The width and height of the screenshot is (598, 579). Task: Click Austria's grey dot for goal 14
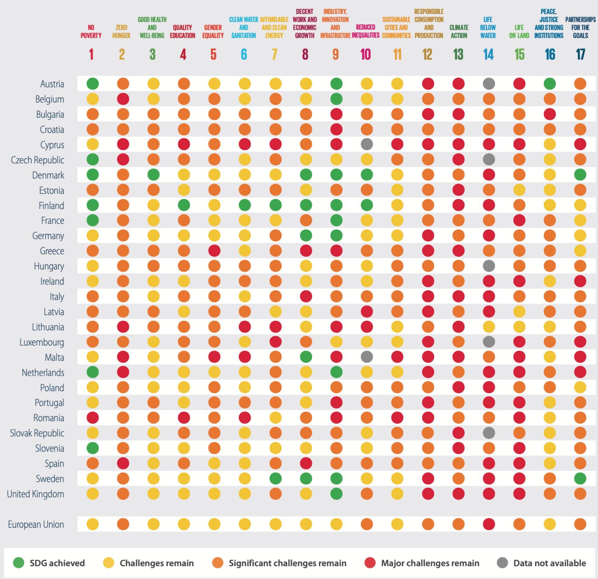pyautogui.click(x=489, y=84)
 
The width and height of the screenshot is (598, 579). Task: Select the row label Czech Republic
pyautogui.click(x=38, y=160)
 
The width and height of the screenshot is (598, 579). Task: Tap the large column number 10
pyautogui.click(x=366, y=55)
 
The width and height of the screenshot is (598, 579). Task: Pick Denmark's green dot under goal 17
pyautogui.click(x=580, y=175)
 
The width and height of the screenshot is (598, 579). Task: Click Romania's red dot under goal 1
pyautogui.click(x=92, y=418)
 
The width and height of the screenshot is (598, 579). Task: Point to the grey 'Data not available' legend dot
pyautogui.click(x=503, y=563)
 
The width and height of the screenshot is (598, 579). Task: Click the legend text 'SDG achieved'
pyautogui.click(x=57, y=563)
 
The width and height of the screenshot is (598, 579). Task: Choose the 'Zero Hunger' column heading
pyautogui.click(x=121, y=31)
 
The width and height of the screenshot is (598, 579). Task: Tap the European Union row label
pyautogui.click(x=36, y=524)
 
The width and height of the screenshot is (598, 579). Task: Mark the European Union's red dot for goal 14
pyautogui.click(x=489, y=524)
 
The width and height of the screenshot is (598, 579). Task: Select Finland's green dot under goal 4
pyautogui.click(x=184, y=205)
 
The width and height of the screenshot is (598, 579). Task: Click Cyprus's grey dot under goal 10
pyautogui.click(x=367, y=144)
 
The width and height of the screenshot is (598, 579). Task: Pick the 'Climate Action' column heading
pyautogui.click(x=459, y=31)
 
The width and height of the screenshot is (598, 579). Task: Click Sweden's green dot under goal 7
pyautogui.click(x=276, y=479)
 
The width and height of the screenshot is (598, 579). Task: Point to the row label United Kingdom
pyautogui.click(x=35, y=494)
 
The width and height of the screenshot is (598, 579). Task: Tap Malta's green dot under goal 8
pyautogui.click(x=306, y=357)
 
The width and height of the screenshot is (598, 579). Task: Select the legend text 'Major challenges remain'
pyautogui.click(x=430, y=563)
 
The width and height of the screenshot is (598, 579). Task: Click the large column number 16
pyautogui.click(x=550, y=55)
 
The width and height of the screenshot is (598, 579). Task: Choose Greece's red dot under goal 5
pyautogui.click(x=214, y=251)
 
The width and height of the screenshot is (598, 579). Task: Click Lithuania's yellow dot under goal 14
pyautogui.click(x=489, y=327)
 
